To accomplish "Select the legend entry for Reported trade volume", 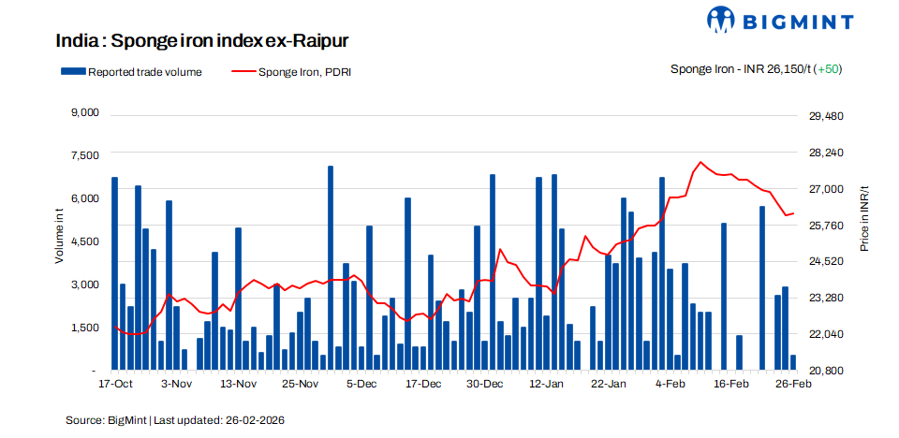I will coord(131,71).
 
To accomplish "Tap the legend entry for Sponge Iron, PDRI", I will coord(291,71).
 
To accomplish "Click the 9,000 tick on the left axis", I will coord(84,112).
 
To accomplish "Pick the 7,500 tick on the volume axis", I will coord(84,155).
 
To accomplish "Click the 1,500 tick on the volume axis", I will coord(84,328).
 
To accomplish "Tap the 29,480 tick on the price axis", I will coord(827,116).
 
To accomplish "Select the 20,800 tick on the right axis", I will coord(827,371).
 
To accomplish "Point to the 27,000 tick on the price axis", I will coord(827,189).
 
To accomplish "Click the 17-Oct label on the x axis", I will coord(115,384).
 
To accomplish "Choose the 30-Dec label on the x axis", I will coord(485,384).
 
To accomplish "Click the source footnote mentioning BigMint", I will coord(174,420).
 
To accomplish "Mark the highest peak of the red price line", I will coord(700,162).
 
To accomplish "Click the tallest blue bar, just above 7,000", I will coord(331,168).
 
